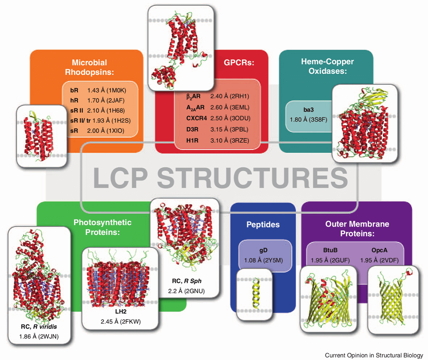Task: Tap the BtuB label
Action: [330, 249]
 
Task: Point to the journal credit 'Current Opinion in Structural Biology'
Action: [373, 355]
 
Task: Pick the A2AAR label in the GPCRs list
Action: [196, 107]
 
